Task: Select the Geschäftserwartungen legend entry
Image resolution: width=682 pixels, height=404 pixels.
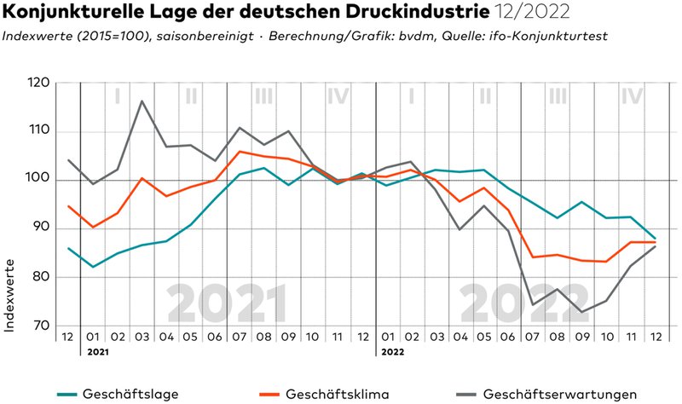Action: pyautogui.click(x=558, y=393)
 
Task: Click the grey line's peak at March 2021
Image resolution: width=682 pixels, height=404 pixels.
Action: pyautogui.click(x=142, y=101)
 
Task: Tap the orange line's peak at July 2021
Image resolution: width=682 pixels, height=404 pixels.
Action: pyautogui.click(x=240, y=152)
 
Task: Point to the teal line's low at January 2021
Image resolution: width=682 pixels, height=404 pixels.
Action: pyautogui.click(x=93, y=267)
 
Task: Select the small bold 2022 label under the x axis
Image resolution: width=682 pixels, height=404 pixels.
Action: pyautogui.click(x=393, y=350)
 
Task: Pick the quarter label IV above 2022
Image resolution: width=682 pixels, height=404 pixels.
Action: pyautogui.click(x=632, y=96)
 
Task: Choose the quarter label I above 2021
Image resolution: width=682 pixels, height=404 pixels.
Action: pyautogui.click(x=117, y=96)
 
